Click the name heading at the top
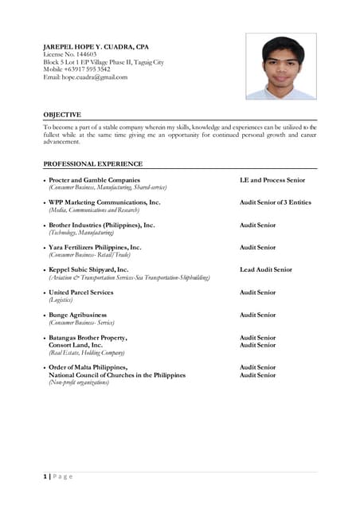[x=96, y=47]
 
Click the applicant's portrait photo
[x=281, y=66]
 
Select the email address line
[x=85, y=77]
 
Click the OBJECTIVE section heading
[x=62, y=115]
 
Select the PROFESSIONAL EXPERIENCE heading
[x=93, y=163]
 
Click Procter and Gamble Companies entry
[x=94, y=180]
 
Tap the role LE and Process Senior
[x=272, y=180]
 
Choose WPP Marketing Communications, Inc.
[x=104, y=202]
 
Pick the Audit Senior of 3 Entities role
[x=276, y=202]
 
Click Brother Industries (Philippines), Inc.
[x=101, y=225]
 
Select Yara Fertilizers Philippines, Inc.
[x=95, y=247]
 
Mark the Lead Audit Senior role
[x=266, y=270]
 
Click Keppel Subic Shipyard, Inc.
[x=88, y=270]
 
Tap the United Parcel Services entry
[x=81, y=292]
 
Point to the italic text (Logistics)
[x=61, y=300]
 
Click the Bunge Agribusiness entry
[x=77, y=315]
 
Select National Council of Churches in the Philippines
[x=117, y=375]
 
